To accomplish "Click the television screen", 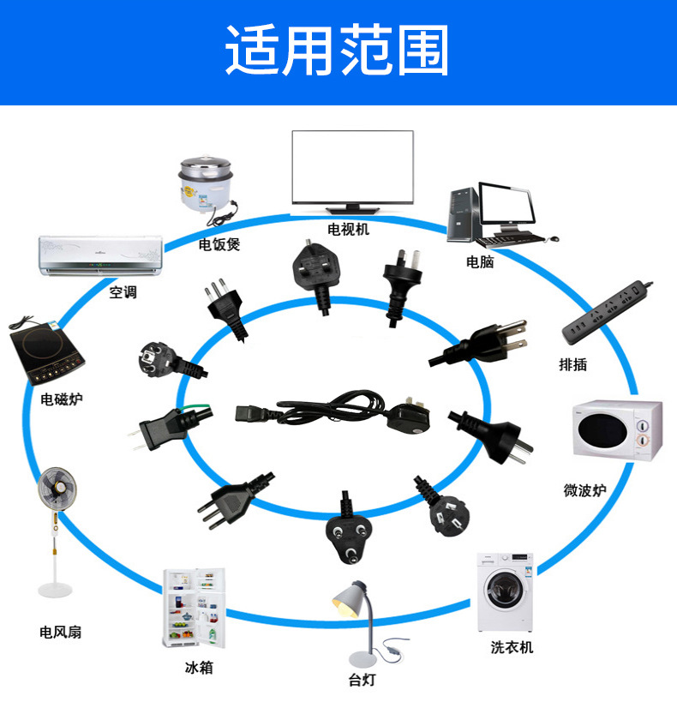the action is pos(352,167).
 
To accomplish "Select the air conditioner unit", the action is pos(100,255).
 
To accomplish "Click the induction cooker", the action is pos(46,351).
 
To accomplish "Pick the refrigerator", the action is pos(195,608).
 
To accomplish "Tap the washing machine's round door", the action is pos(505,590).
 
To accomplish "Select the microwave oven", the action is pos(617,430).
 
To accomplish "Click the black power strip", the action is pos(608,311).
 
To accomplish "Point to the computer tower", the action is pos(463,214).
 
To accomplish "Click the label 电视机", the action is pos(349,229).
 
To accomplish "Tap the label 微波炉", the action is pos(584,490).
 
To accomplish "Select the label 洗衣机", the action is pos(512,647).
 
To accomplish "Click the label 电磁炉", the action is pos(62,399).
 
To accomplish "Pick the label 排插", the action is pos(572,364).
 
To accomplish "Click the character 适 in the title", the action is pos(253,51).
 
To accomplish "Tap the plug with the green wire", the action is pos(170,426).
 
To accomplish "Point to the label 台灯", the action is pos(362,680).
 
